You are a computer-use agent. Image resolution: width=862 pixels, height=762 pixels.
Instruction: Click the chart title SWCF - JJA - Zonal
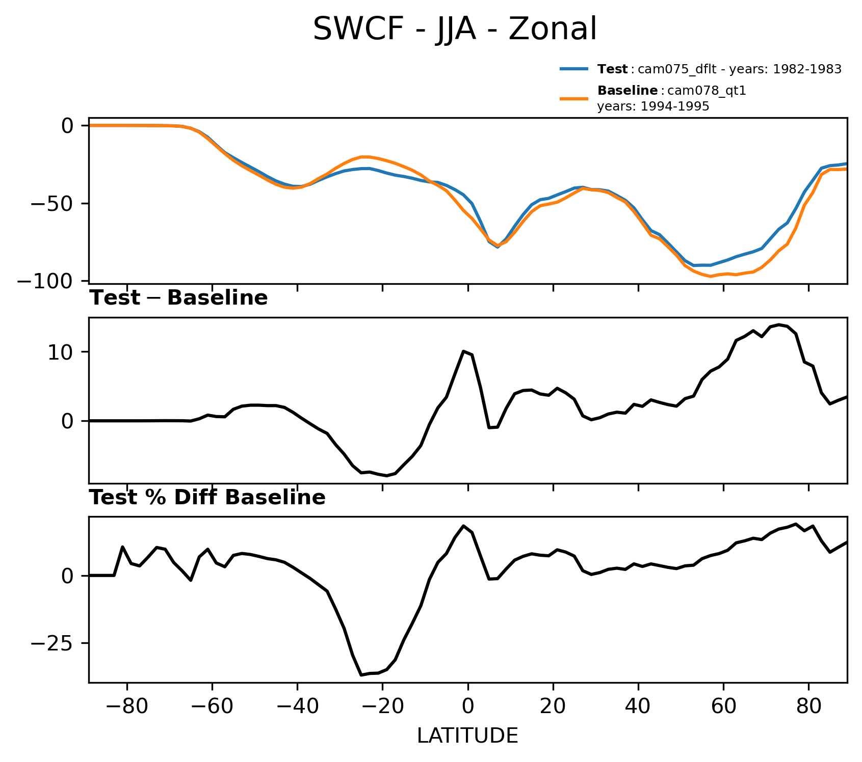tap(454, 29)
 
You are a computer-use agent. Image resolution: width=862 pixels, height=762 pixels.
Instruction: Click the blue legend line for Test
tap(574, 69)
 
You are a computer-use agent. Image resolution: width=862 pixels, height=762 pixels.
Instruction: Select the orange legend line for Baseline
tap(574, 98)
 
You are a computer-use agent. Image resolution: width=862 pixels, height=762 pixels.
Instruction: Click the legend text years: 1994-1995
tap(653, 106)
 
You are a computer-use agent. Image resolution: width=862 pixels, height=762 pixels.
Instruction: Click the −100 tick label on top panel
tap(45, 281)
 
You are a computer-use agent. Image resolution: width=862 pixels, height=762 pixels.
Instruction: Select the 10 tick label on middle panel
tap(60, 352)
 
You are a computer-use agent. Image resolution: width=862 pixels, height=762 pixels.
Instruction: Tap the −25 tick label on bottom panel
tap(52, 644)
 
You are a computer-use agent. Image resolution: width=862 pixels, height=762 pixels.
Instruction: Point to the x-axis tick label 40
tap(638, 707)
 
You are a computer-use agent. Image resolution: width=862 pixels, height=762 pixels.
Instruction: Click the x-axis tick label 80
tap(808, 707)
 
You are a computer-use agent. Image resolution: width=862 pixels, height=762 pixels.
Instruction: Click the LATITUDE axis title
tap(467, 736)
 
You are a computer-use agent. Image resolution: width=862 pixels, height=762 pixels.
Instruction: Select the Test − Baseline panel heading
tap(178, 298)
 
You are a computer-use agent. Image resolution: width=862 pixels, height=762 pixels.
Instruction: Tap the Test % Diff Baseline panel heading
tap(207, 498)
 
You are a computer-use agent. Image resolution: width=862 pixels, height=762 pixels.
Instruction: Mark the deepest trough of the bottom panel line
tap(361, 675)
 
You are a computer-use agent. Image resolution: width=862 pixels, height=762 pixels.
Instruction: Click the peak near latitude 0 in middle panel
tap(463, 351)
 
